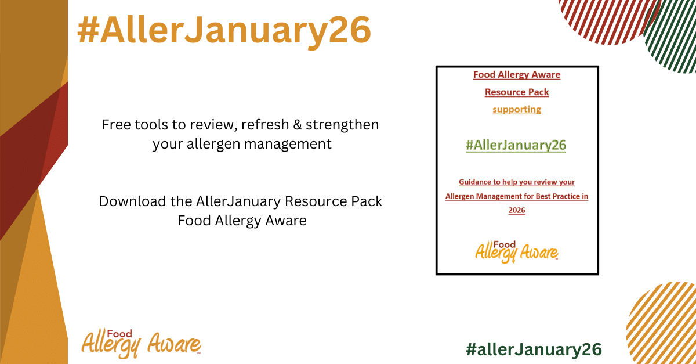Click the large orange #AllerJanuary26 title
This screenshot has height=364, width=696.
coord(224,31)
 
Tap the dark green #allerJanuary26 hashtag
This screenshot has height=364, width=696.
coord(534,349)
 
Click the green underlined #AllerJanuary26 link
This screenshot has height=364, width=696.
coord(516,145)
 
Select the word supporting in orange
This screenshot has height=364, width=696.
coord(517,110)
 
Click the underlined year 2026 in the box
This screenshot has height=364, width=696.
coord(517,210)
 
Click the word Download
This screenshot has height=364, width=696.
coord(133,201)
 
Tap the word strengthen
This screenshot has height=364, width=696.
coord(342,125)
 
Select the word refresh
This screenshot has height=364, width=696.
coord(265,124)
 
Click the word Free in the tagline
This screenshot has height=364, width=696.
coord(115,125)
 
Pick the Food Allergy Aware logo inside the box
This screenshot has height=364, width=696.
coord(517,251)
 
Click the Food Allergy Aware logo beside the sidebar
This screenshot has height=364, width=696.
coord(141,343)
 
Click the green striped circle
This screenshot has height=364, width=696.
coord(671,34)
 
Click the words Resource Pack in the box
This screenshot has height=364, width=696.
coord(517,92)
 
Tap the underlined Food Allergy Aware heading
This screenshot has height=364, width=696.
coord(517,75)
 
